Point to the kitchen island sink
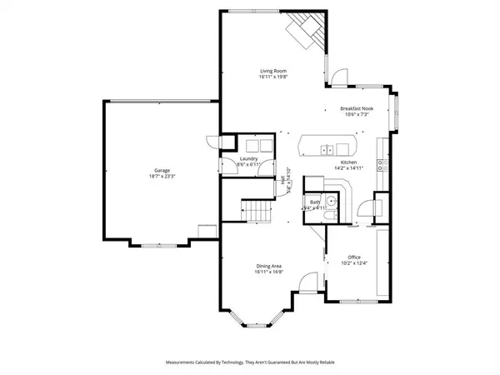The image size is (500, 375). click(326, 149)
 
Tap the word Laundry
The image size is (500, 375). click(248, 158)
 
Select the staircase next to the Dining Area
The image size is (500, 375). click(258, 210)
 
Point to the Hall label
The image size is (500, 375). click(284, 178)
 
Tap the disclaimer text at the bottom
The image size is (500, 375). click(249, 362)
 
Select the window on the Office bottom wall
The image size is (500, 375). click(354, 298)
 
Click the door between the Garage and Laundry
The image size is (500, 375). click(216, 143)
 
